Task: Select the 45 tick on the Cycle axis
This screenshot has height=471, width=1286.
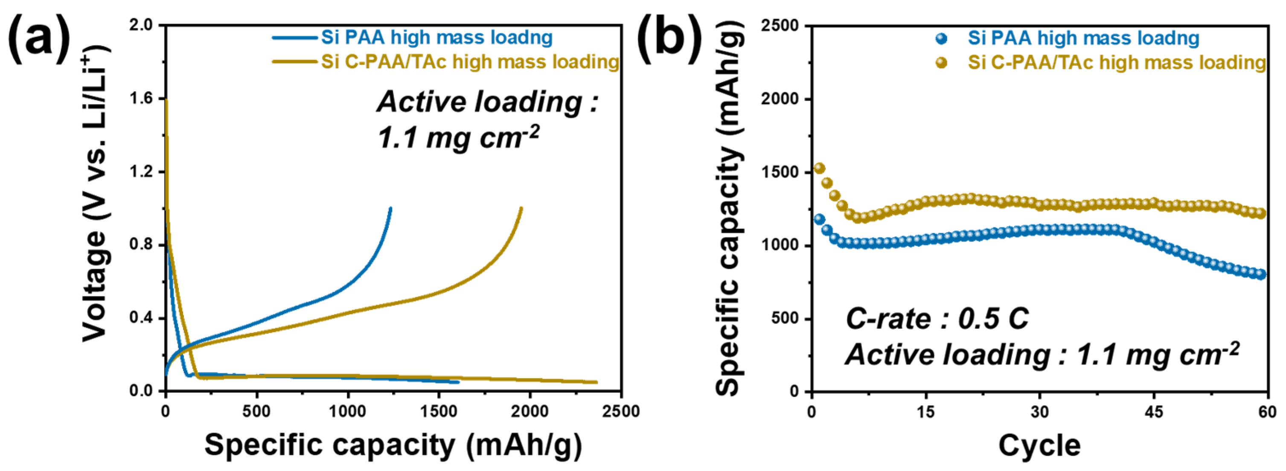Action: [1154, 412]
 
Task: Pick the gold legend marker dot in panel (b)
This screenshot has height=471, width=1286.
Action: [942, 63]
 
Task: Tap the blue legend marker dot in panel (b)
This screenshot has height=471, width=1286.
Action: [942, 38]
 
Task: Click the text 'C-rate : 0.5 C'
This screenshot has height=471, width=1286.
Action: [937, 319]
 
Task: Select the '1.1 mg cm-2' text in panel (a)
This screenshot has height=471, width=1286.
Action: [458, 138]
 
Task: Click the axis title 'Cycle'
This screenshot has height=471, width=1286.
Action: [1039, 445]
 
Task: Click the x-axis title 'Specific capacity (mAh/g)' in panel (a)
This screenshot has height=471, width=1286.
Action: [393, 445]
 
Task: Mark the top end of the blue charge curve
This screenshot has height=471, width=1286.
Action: [390, 209]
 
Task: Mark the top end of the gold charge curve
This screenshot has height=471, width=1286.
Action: [521, 209]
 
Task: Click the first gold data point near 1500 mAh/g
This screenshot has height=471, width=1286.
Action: [819, 168]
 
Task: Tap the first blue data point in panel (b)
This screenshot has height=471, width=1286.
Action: [819, 219]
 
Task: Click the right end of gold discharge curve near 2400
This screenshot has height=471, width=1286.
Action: [596, 382]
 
